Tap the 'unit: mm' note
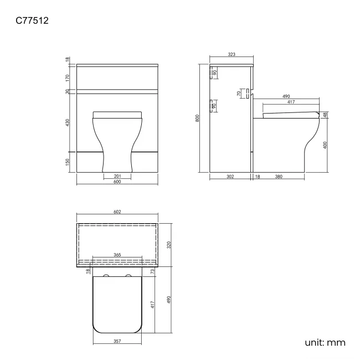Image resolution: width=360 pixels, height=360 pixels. [325, 343]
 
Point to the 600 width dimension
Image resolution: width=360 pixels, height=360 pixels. [117, 183]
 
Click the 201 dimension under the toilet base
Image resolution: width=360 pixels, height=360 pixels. [117, 176]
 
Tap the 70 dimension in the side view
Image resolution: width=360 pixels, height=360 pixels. [239, 94]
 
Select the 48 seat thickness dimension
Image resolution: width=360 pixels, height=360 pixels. [325, 115]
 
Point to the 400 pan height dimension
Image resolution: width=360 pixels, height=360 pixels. [325, 145]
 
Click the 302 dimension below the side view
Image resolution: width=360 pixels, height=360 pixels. [230, 177]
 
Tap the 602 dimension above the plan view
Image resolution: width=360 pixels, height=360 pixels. [117, 212]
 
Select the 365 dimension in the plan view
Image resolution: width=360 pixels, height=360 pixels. [117, 255]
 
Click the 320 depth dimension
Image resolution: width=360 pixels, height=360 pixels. [168, 245]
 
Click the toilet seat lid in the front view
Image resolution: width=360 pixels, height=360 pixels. [117, 115]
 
